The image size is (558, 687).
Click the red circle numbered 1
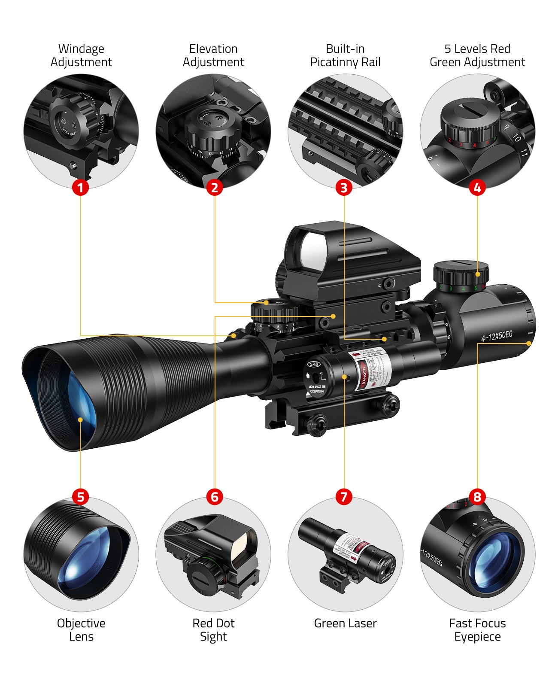[80, 188]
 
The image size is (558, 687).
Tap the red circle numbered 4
[477, 188]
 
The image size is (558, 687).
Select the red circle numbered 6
[215, 497]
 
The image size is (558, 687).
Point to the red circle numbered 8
[477, 497]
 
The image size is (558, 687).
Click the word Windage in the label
[81, 49]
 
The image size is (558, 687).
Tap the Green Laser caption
[345, 623]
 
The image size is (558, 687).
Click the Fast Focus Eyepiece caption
[477, 629]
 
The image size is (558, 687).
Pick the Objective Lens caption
[81, 629]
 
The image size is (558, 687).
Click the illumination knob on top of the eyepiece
[461, 273]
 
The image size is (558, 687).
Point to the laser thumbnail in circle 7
[345, 554]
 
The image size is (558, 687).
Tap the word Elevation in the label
[213, 49]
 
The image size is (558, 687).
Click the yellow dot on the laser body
[344, 377]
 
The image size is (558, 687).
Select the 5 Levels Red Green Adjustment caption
[477, 55]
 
